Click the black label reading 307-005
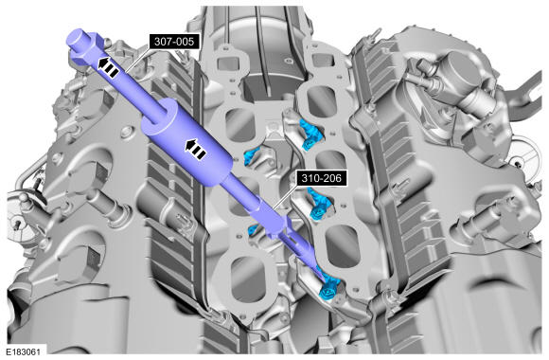(x=174, y=42)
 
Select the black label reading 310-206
(x=321, y=178)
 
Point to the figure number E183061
(x=23, y=351)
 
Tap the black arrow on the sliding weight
(x=195, y=149)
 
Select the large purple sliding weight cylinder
(x=187, y=143)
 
